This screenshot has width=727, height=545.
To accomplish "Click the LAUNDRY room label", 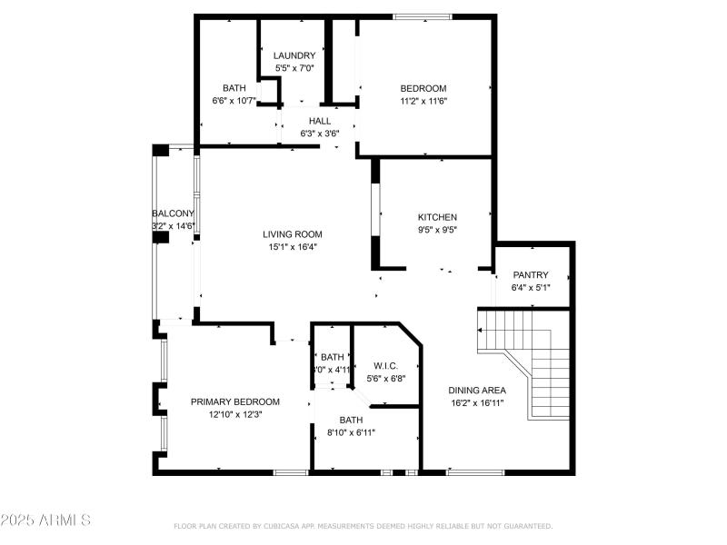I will (x=295, y=55).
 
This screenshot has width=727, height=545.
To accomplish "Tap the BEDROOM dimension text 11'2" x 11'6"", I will (x=423, y=101).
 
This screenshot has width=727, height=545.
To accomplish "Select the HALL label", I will (x=320, y=121).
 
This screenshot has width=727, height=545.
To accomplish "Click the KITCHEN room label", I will (x=437, y=217).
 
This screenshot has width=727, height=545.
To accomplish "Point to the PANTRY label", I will (x=531, y=275).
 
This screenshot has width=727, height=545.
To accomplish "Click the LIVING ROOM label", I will (x=293, y=234).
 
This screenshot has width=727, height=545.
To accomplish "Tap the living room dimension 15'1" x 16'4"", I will (x=293, y=246).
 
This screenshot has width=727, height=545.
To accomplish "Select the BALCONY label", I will (x=173, y=214).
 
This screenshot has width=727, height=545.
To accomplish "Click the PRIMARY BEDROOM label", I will (x=234, y=401).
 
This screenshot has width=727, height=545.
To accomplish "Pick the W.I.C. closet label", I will (x=386, y=366).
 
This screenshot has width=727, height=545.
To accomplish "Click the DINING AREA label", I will (x=477, y=391).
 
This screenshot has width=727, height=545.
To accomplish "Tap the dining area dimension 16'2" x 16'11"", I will (x=477, y=402).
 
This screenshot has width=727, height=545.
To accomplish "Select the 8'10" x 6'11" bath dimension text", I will (x=351, y=432).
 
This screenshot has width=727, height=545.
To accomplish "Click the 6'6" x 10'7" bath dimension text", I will (x=234, y=101).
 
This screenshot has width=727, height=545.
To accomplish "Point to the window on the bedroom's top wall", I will (x=422, y=15).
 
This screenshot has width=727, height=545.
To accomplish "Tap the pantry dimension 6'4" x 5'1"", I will (x=531, y=288).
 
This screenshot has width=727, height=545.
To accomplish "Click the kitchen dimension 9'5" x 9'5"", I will (x=437, y=230).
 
